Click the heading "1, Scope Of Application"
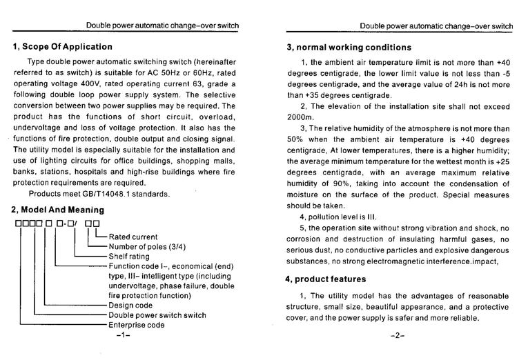62,47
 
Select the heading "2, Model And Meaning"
58,210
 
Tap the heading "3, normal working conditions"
349,48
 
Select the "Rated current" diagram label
133,237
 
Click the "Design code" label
132,305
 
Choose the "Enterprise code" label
137,324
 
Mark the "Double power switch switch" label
157,314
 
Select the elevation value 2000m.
300,118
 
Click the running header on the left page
162,26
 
